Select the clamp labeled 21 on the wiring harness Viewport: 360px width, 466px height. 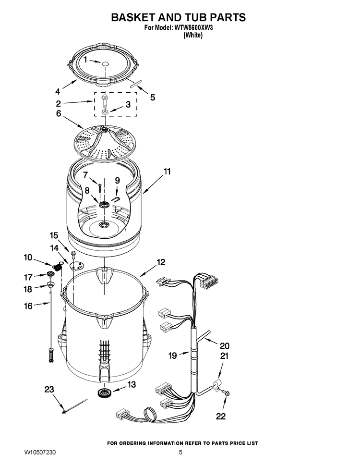(216, 384)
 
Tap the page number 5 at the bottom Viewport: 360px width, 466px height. (180, 453)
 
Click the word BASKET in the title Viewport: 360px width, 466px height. (135, 17)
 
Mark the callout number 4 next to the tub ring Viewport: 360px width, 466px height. (57, 91)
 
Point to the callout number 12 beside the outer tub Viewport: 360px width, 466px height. (160, 262)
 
